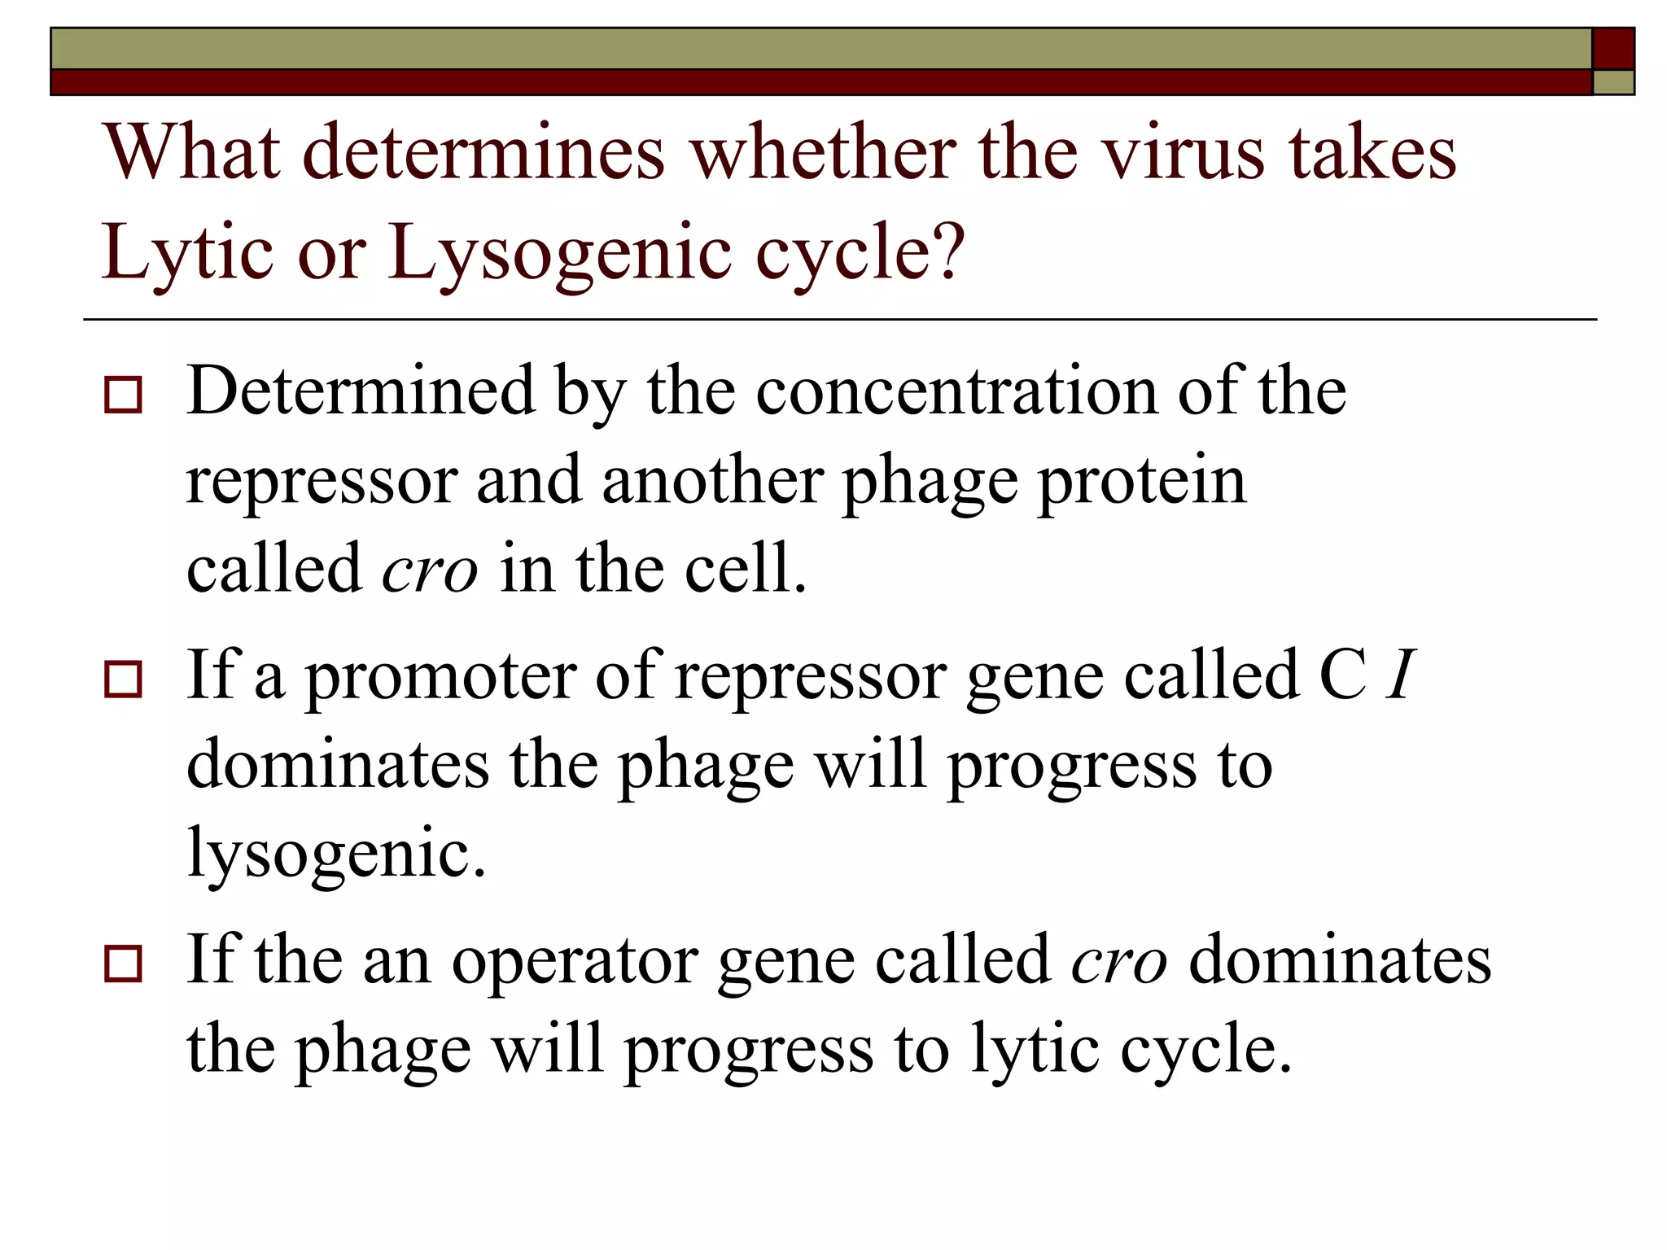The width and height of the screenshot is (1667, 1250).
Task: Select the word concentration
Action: coord(956,391)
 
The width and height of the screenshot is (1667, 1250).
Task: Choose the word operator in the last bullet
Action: coord(575,960)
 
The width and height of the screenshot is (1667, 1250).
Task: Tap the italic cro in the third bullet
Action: coord(1119,960)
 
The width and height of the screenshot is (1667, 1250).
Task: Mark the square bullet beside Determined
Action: coord(123,396)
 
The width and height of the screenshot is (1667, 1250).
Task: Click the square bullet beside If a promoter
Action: coord(123,680)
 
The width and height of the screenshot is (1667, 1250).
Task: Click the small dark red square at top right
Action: coord(1612,49)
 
